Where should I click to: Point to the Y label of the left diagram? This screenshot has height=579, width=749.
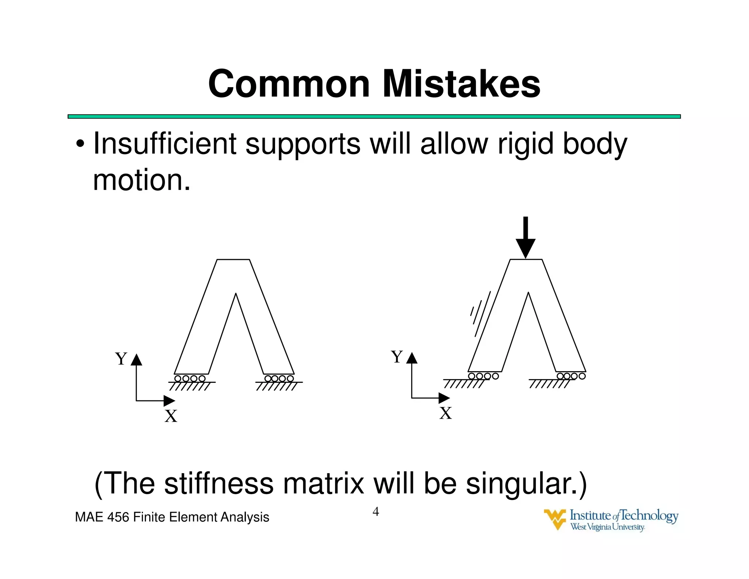121,359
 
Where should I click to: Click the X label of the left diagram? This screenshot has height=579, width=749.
171,416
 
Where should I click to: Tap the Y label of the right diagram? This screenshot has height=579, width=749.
397,356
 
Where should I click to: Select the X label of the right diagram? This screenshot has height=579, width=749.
445,413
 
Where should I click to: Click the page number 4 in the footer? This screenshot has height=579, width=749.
376,511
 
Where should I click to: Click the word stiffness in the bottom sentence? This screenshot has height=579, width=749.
218,483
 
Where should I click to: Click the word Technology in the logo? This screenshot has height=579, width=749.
649,516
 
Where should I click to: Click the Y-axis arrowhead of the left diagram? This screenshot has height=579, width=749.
136,360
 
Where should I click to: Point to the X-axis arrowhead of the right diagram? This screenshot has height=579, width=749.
444,398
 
